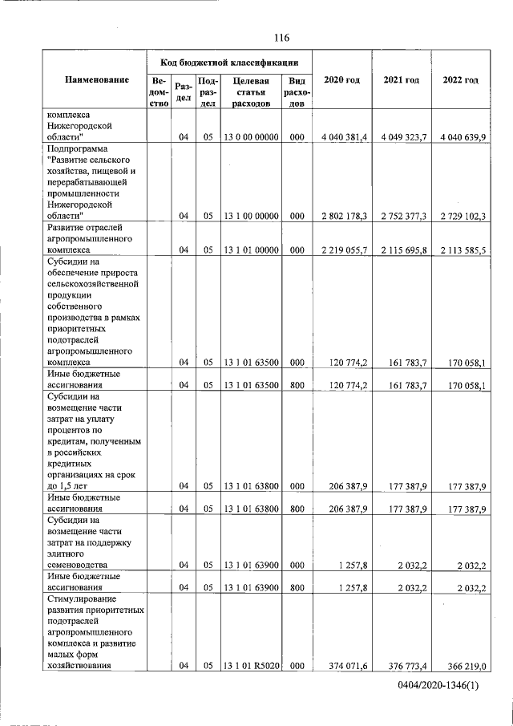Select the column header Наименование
[x=97, y=80]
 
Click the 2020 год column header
[x=341, y=80]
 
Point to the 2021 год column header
[x=402, y=80]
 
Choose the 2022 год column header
[x=460, y=80]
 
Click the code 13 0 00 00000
[x=251, y=137]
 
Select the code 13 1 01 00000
[x=251, y=250]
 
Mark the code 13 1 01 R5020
[x=251, y=665]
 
